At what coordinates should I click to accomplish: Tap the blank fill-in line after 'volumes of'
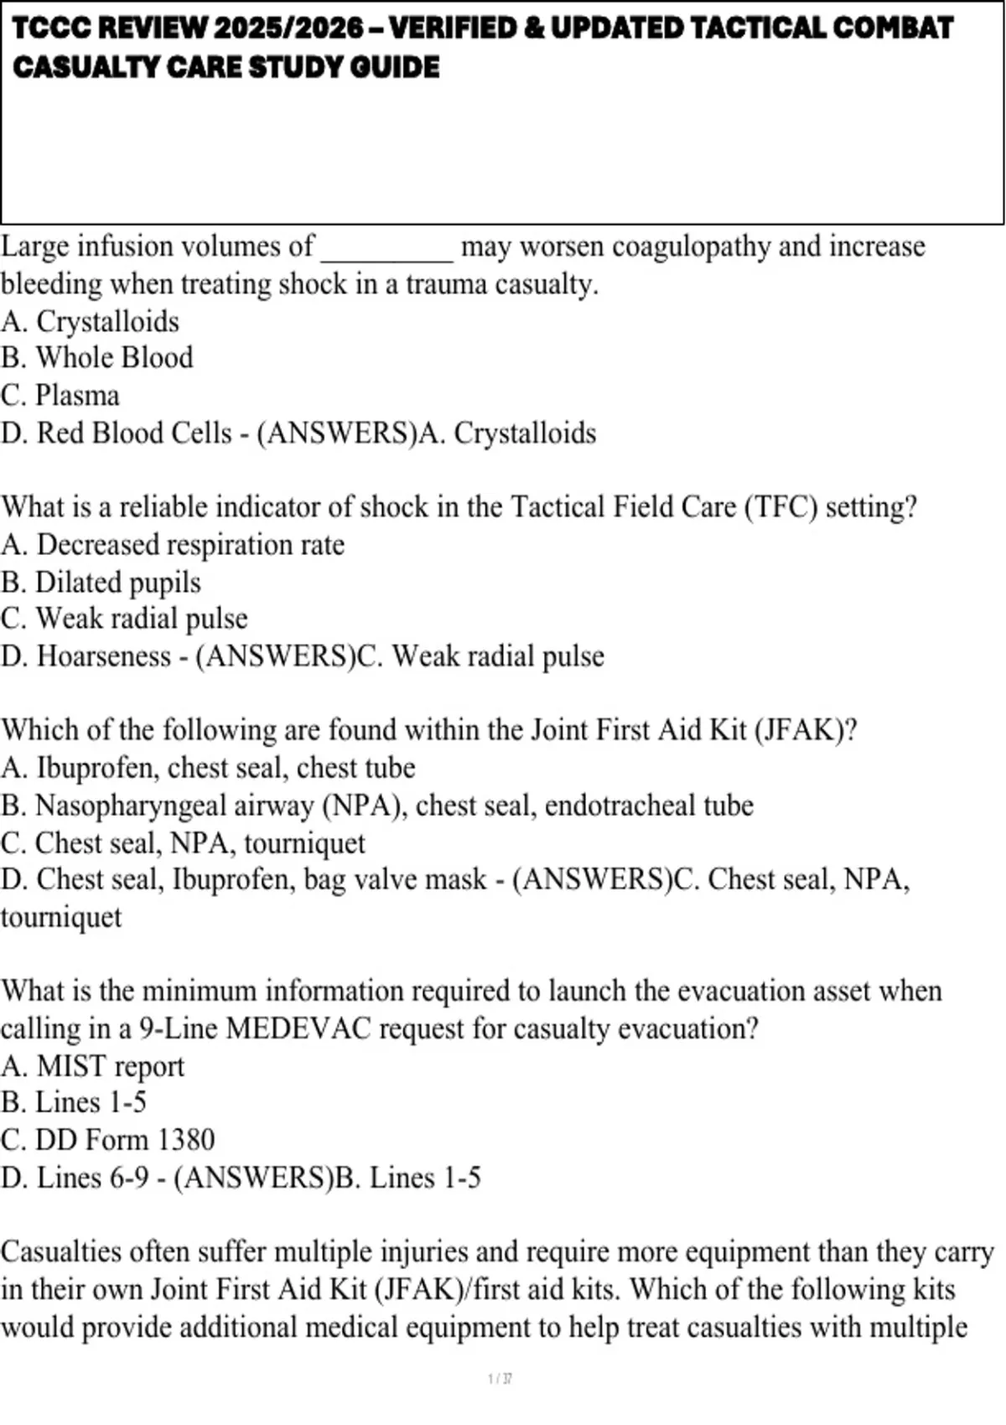[x=387, y=249]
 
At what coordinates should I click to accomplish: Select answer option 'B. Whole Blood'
[x=97, y=358]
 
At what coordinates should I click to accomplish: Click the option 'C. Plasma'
[x=60, y=396]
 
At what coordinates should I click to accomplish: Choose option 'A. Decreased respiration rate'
[x=173, y=545]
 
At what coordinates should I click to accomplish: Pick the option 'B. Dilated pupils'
[x=101, y=583]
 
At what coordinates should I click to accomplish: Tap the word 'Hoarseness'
[x=104, y=656]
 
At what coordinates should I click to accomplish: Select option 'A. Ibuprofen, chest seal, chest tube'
[x=208, y=768]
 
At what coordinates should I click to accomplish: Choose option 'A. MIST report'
[x=92, y=1066]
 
